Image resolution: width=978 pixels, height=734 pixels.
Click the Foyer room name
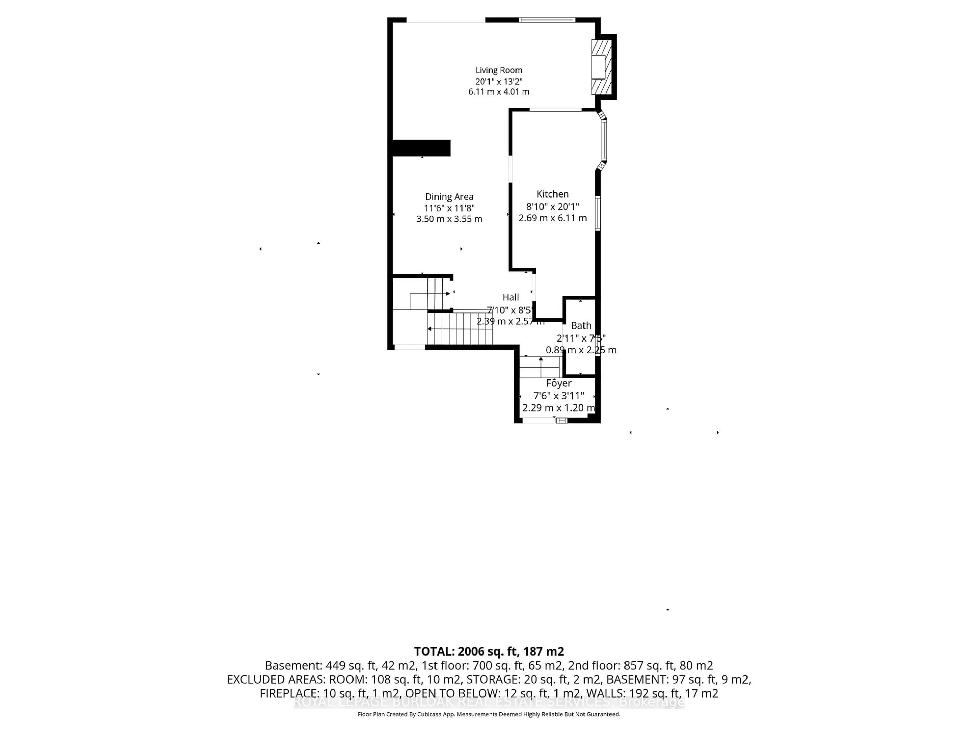point(559,383)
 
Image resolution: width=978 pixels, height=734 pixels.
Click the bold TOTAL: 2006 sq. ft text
point(488,651)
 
